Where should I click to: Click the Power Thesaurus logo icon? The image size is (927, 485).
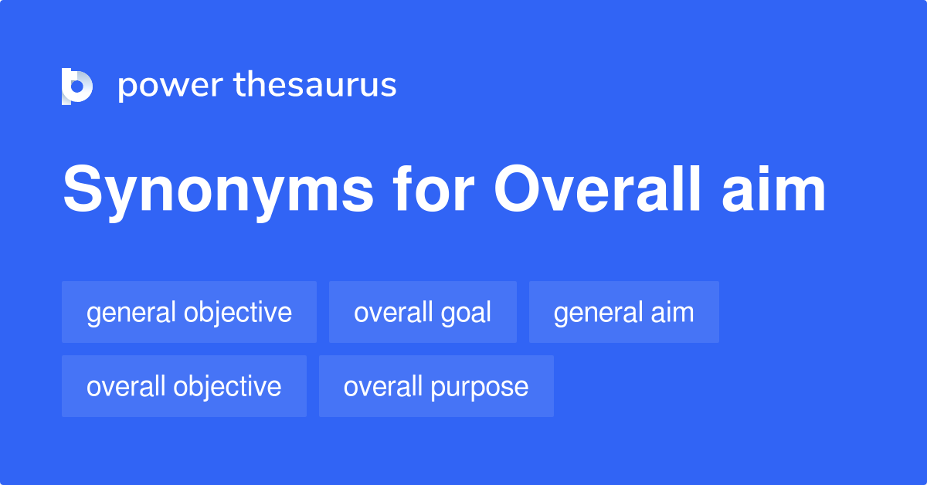(x=77, y=86)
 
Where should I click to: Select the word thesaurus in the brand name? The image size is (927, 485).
(x=315, y=85)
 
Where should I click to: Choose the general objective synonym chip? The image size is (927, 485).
(x=189, y=312)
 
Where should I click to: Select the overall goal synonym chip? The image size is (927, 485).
(x=423, y=312)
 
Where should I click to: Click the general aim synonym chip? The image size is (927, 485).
(x=624, y=312)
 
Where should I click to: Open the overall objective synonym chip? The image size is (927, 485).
(x=184, y=386)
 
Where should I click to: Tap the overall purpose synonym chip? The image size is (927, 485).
(x=436, y=386)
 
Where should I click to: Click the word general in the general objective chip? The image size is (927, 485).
(x=131, y=313)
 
